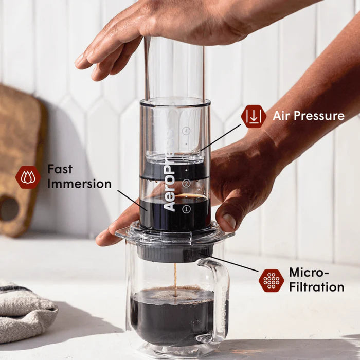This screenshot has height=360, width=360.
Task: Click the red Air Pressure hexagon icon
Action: tap(254, 116)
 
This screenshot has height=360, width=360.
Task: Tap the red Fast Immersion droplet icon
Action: tap(28, 177)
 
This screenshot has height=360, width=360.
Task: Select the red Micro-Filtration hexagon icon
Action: tap(271, 280)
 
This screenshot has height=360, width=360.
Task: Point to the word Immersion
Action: tap(79, 184)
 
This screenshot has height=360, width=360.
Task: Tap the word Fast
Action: tap(60, 169)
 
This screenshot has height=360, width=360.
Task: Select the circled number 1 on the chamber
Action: tap(186, 209)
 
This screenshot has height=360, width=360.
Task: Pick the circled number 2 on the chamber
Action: tap(186, 183)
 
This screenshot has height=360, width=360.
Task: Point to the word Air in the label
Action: tap(282, 116)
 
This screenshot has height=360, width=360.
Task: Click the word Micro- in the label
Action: tap(309, 272)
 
